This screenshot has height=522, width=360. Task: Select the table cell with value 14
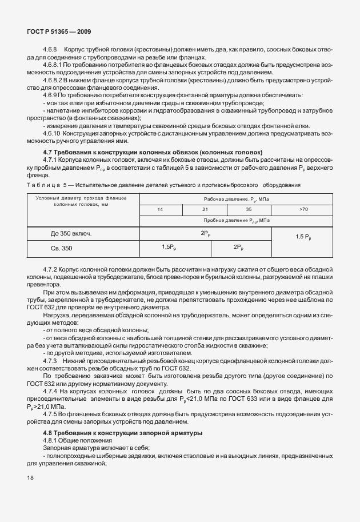(161, 210)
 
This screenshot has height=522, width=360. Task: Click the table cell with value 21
(205, 210)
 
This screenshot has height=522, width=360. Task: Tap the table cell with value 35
(249, 210)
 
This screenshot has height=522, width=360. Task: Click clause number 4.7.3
(51, 361)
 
